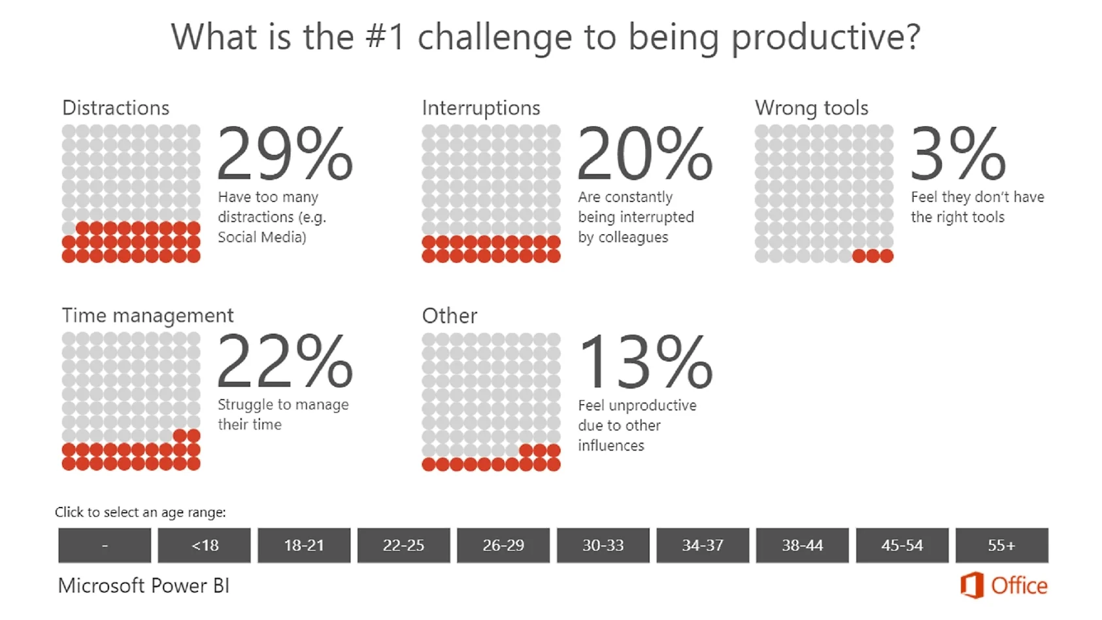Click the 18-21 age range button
304,545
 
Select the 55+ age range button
1001,545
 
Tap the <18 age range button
204,545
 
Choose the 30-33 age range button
603,545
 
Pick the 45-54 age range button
902,545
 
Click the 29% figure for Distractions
285,154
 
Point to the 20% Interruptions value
645,154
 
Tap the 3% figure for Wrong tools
958,154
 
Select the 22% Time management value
285,362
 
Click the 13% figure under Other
645,362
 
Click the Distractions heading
116,108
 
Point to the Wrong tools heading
811,108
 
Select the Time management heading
148,316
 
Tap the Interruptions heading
481,108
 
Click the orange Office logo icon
972,585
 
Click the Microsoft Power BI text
144,586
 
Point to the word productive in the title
825,38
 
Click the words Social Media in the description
261,237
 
